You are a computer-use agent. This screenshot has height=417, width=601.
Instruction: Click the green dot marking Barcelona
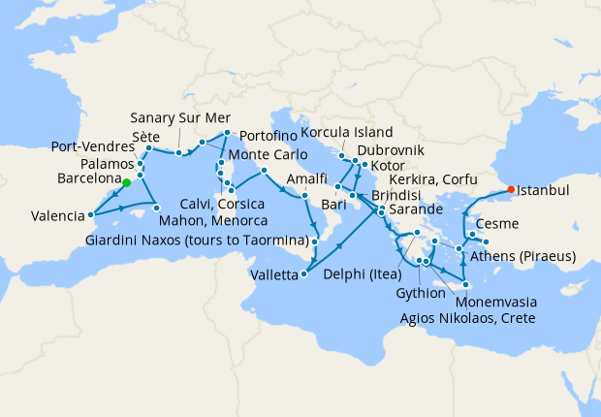[x=127, y=180]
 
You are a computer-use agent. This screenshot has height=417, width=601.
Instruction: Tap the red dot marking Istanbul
[x=512, y=189]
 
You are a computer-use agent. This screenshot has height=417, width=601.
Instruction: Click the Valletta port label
[x=270, y=275]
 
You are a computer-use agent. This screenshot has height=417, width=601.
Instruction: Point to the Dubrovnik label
[x=391, y=151]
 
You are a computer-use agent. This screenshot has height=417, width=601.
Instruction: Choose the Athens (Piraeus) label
[x=522, y=257]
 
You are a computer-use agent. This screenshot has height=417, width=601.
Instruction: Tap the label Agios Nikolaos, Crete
[x=466, y=317]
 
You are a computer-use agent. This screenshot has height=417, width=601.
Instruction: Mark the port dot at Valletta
[x=304, y=274]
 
